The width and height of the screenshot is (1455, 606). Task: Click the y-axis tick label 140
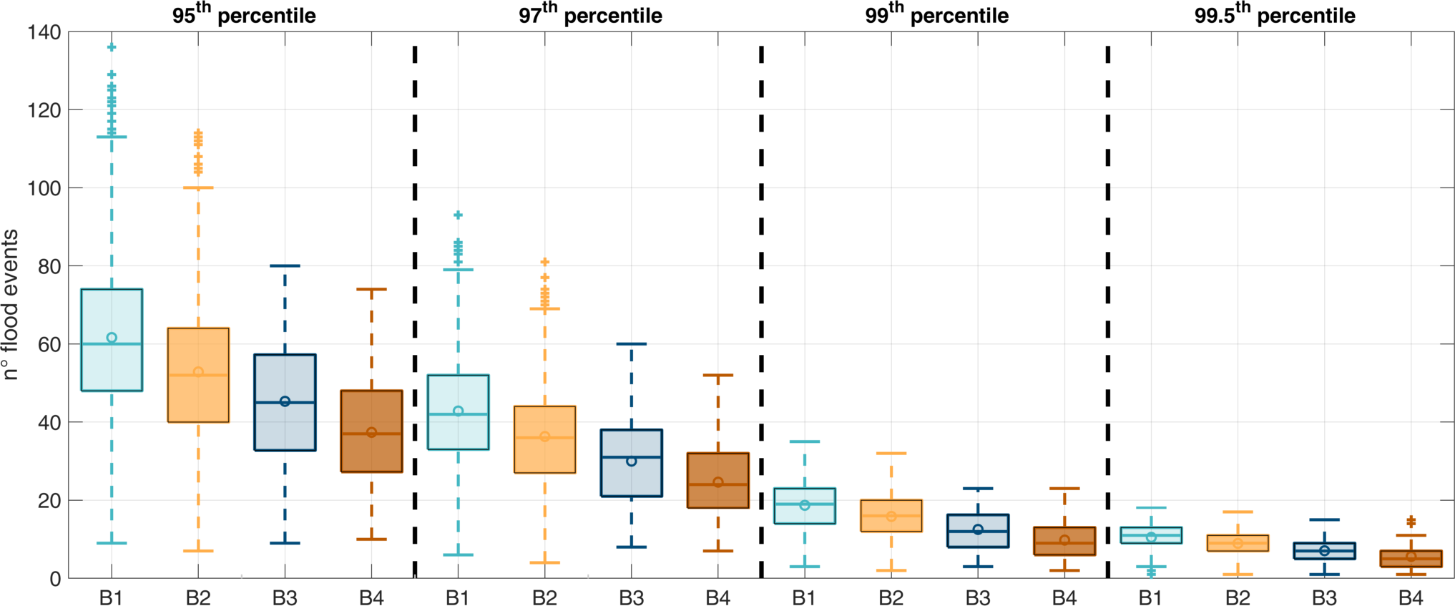pyautogui.click(x=44, y=32)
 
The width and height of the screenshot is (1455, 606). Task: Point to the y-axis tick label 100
pyautogui.click(x=44, y=188)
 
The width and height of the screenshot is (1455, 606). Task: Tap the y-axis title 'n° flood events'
pyautogui.click(x=10, y=304)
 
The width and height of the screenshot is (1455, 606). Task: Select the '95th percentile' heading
pyautogui.click(x=244, y=15)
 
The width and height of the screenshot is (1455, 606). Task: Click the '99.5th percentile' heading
pyautogui.click(x=1275, y=15)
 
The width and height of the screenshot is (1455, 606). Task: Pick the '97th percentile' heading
pyautogui.click(x=590, y=15)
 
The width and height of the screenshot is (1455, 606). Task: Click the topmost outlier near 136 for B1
pyautogui.click(x=112, y=47)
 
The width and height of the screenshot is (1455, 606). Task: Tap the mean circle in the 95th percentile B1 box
pyautogui.click(x=112, y=338)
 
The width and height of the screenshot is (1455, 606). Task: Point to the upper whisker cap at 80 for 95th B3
pyautogui.click(x=285, y=266)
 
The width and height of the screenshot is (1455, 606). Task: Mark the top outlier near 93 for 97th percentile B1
pyautogui.click(x=459, y=215)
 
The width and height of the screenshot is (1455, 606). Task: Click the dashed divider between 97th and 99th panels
pyautogui.click(x=761, y=308)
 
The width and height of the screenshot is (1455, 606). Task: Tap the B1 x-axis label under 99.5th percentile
pyautogui.click(x=1150, y=597)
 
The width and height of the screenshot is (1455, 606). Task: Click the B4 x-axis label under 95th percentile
pyautogui.click(x=371, y=597)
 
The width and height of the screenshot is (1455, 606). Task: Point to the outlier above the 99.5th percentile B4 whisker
pyautogui.click(x=1411, y=522)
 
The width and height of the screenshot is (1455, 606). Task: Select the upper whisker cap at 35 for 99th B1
pyautogui.click(x=805, y=441)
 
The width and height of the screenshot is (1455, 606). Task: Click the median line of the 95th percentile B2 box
pyautogui.click(x=198, y=376)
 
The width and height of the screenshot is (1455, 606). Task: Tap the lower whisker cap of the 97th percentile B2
pyautogui.click(x=545, y=562)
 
